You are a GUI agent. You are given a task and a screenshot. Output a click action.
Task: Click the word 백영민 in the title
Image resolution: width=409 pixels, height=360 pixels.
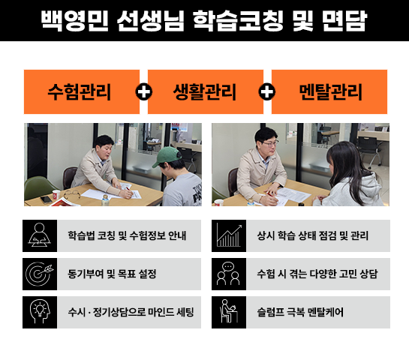(74, 20)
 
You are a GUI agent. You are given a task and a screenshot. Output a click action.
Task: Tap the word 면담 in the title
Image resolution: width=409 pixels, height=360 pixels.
(344, 20)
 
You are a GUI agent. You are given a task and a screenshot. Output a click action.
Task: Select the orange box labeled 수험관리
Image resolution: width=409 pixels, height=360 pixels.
(82, 91)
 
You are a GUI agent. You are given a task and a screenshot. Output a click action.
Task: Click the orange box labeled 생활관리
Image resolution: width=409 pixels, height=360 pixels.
(206, 91)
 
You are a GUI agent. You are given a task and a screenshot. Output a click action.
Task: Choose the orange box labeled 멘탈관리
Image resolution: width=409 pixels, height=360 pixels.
(329, 91)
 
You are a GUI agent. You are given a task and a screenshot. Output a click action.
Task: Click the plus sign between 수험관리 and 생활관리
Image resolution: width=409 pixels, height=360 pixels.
(144, 91)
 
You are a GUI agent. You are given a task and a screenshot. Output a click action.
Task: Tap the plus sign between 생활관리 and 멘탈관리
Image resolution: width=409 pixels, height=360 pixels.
(267, 91)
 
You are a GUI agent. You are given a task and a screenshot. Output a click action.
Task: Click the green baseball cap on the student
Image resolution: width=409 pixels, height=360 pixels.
(167, 156)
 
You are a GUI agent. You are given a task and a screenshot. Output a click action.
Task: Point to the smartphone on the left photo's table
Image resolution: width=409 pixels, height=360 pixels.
(47, 199)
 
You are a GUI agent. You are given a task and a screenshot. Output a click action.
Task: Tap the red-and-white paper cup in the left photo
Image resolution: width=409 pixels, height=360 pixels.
(56, 194)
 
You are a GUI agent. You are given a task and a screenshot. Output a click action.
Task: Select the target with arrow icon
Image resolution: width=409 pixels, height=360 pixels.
(40, 274)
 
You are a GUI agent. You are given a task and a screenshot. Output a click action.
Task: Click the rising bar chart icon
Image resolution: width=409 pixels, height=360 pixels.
(229, 235)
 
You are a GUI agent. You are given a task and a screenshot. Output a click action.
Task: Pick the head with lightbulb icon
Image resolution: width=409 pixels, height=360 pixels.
(40, 312)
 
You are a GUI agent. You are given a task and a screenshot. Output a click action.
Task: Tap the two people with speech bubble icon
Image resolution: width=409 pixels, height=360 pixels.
(228, 274)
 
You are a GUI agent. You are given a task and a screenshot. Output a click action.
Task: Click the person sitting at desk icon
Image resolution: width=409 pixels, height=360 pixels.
(229, 311)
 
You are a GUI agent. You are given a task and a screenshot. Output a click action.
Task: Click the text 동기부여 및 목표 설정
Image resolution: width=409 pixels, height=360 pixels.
(112, 274)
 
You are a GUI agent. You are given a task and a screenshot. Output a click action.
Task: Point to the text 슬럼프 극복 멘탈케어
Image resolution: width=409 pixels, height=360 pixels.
(300, 312)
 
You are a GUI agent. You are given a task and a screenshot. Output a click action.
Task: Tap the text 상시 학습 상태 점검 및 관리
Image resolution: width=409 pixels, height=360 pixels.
(312, 235)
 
